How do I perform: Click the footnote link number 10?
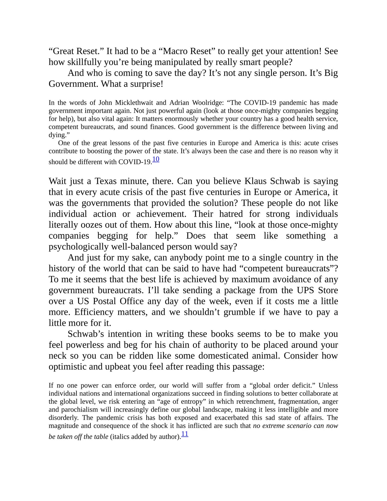point(156,159)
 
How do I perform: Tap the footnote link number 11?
point(185,434)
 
